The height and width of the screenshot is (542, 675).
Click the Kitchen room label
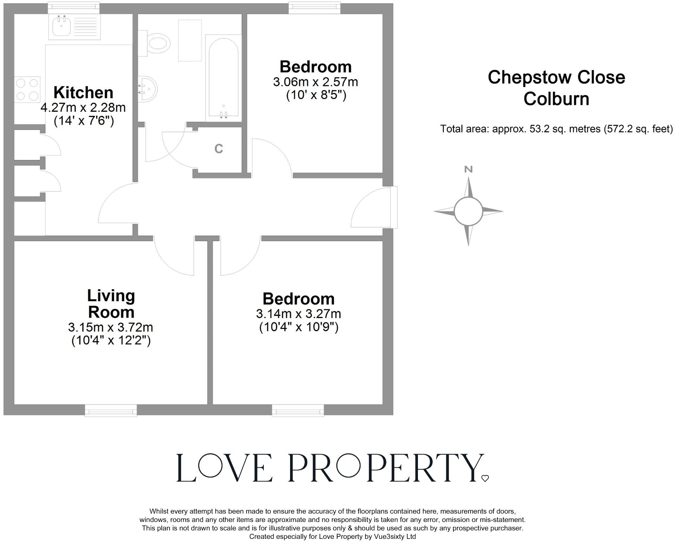coord(83,93)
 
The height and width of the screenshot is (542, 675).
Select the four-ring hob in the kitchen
coord(27,90)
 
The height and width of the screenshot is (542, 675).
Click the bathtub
coord(223,77)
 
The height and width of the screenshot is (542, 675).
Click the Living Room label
coord(111,304)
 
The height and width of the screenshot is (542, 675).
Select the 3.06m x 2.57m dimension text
coord(315,82)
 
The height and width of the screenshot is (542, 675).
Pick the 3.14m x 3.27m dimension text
coord(299,313)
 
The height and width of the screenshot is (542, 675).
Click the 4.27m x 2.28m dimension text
coord(83,107)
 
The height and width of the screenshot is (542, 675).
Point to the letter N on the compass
coord(468,170)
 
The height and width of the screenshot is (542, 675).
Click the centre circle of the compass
coord(468,211)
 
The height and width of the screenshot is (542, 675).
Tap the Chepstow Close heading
coord(556,78)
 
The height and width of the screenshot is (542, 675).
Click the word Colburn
coord(556,99)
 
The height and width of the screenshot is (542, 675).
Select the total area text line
coord(556,129)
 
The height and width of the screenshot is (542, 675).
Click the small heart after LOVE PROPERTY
coord(485,478)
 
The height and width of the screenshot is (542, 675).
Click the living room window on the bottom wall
coord(111,410)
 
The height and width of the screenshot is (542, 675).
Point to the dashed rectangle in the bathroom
coord(190,41)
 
